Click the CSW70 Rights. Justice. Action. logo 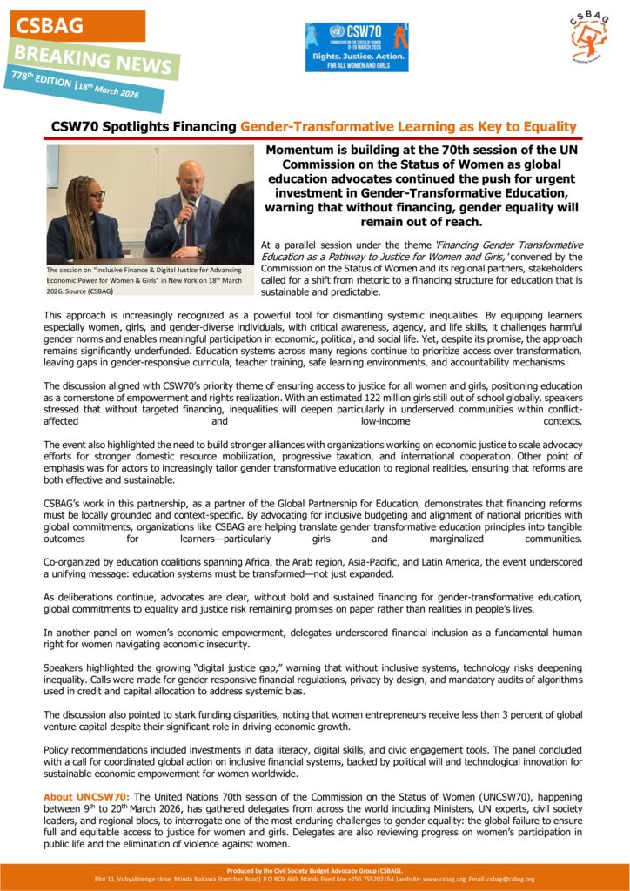(356, 47)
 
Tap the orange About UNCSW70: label (87, 796)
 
